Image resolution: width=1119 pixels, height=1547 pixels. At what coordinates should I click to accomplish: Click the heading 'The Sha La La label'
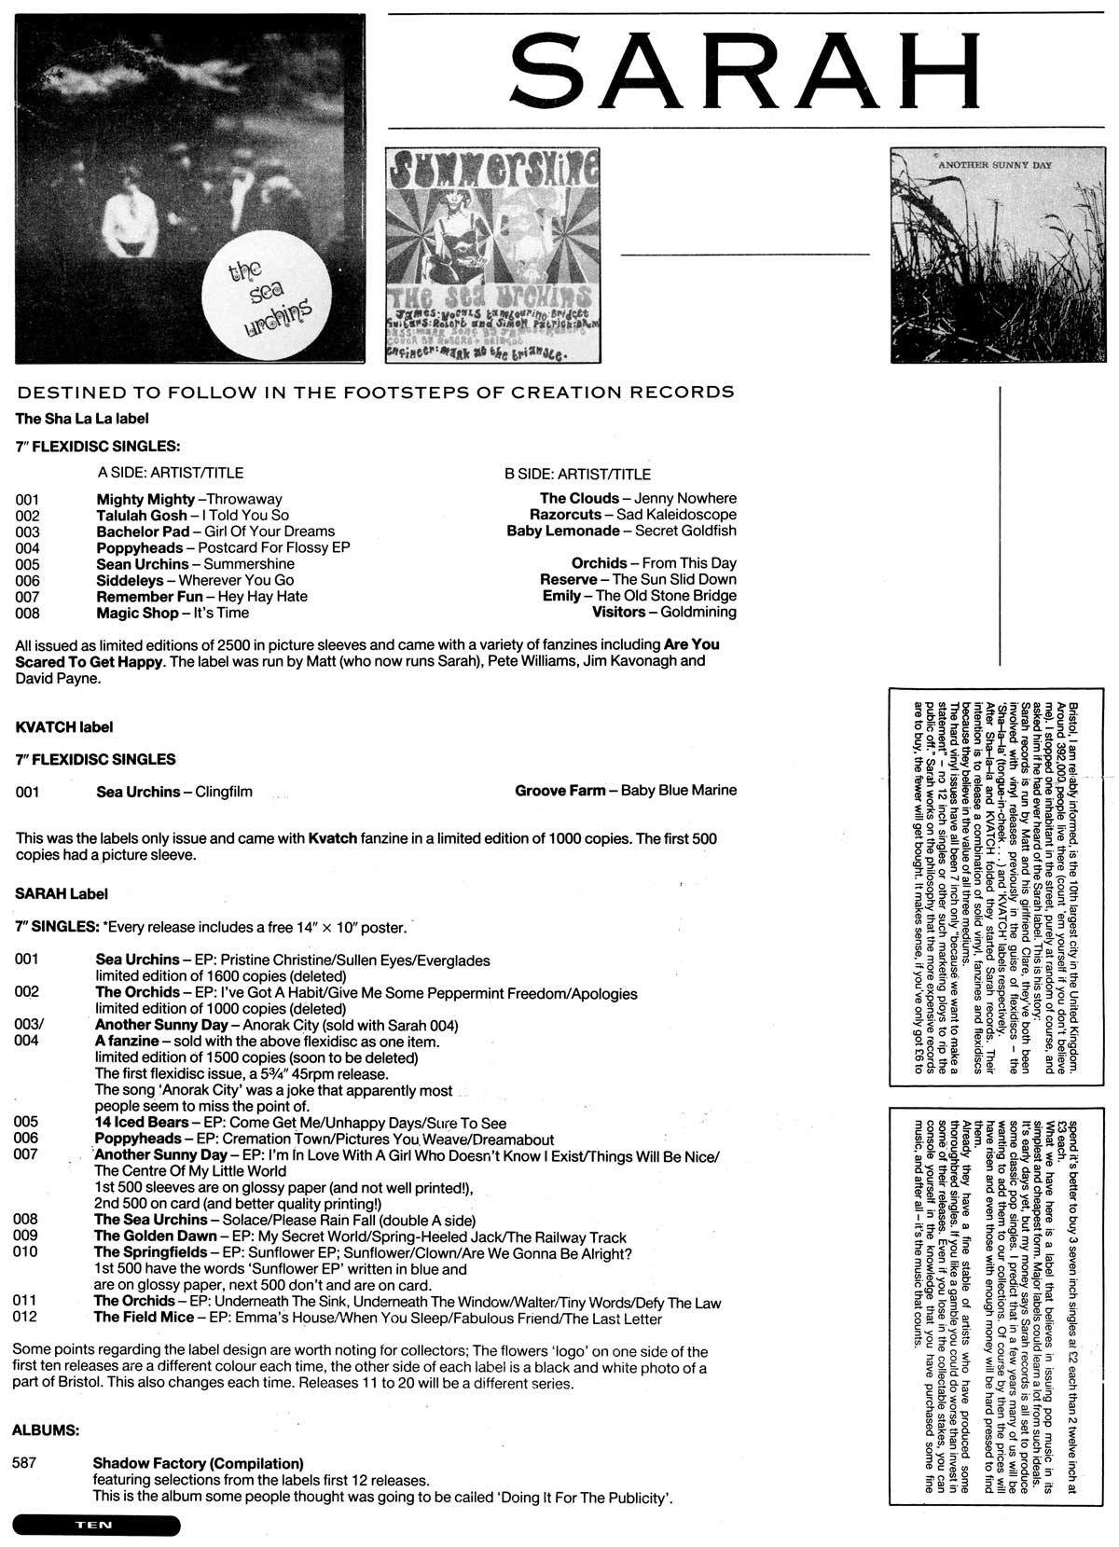click(x=82, y=419)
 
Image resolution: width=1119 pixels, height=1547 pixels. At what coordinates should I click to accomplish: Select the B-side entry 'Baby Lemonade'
click(x=562, y=531)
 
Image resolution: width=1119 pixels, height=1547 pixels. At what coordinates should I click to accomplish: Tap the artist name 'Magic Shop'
click(x=137, y=613)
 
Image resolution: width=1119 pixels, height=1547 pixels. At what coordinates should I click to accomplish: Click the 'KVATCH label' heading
click(x=64, y=726)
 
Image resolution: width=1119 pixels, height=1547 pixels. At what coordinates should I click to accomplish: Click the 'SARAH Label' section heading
click(x=62, y=893)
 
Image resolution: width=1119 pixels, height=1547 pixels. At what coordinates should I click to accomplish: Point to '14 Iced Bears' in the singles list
click(x=142, y=1123)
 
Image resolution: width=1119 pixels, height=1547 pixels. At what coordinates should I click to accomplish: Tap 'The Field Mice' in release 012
click(x=144, y=1318)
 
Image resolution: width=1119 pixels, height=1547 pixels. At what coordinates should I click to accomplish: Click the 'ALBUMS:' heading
click(x=46, y=1429)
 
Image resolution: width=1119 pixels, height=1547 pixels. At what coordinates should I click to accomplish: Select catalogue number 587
click(x=25, y=1463)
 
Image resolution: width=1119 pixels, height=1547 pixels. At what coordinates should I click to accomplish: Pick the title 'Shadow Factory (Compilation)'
click(x=198, y=1464)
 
